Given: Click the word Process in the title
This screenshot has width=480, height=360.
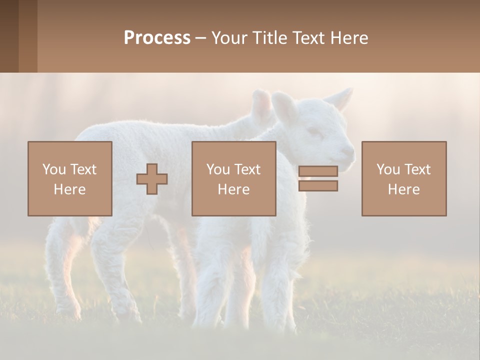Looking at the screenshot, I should click(x=157, y=37).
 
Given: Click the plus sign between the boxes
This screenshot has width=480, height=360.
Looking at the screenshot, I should click(x=152, y=179).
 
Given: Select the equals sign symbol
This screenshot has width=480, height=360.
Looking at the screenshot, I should click(x=318, y=178).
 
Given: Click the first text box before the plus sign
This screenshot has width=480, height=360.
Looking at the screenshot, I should click(x=70, y=178).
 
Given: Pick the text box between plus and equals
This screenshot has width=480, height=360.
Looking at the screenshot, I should click(x=233, y=178).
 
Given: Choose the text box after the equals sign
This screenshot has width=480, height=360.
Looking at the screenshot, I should click(x=404, y=178).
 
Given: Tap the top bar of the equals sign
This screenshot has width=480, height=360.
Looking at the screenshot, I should click(x=318, y=171).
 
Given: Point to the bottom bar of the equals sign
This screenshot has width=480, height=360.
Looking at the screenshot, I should click(x=318, y=185).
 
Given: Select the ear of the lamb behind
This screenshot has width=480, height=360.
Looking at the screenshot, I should click(x=260, y=105).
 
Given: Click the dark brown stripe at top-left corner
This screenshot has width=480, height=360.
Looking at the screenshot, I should click(x=9, y=36).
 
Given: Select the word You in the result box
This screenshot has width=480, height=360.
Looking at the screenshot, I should click(x=388, y=169).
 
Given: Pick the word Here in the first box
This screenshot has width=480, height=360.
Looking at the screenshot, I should click(x=70, y=189).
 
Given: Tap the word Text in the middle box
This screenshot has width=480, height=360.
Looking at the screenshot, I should click(x=247, y=169).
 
